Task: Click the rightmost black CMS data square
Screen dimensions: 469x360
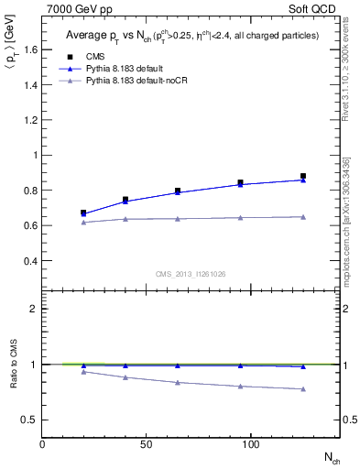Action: (x=302, y=176)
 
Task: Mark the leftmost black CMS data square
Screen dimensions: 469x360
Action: (x=83, y=213)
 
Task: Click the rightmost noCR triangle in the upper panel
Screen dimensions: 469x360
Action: (x=302, y=216)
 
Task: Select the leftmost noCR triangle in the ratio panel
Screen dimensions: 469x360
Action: (x=83, y=371)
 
